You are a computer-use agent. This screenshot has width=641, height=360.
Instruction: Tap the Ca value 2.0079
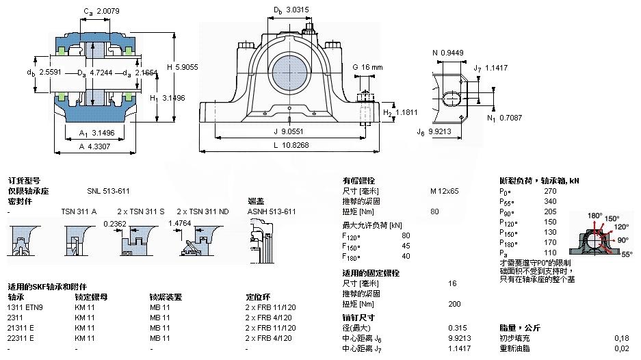coord(109,12)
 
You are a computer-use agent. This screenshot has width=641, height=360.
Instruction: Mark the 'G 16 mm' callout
coord(367,67)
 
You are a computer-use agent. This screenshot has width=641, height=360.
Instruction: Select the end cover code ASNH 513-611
coord(272,211)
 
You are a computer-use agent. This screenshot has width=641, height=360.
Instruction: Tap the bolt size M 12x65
coord(444,191)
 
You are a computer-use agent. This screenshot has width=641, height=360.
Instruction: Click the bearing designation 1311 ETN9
coord(25,307)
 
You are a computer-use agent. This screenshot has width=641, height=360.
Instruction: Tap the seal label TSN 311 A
coord(79,211)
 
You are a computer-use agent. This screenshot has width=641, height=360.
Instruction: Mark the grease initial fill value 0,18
coord(621,338)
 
